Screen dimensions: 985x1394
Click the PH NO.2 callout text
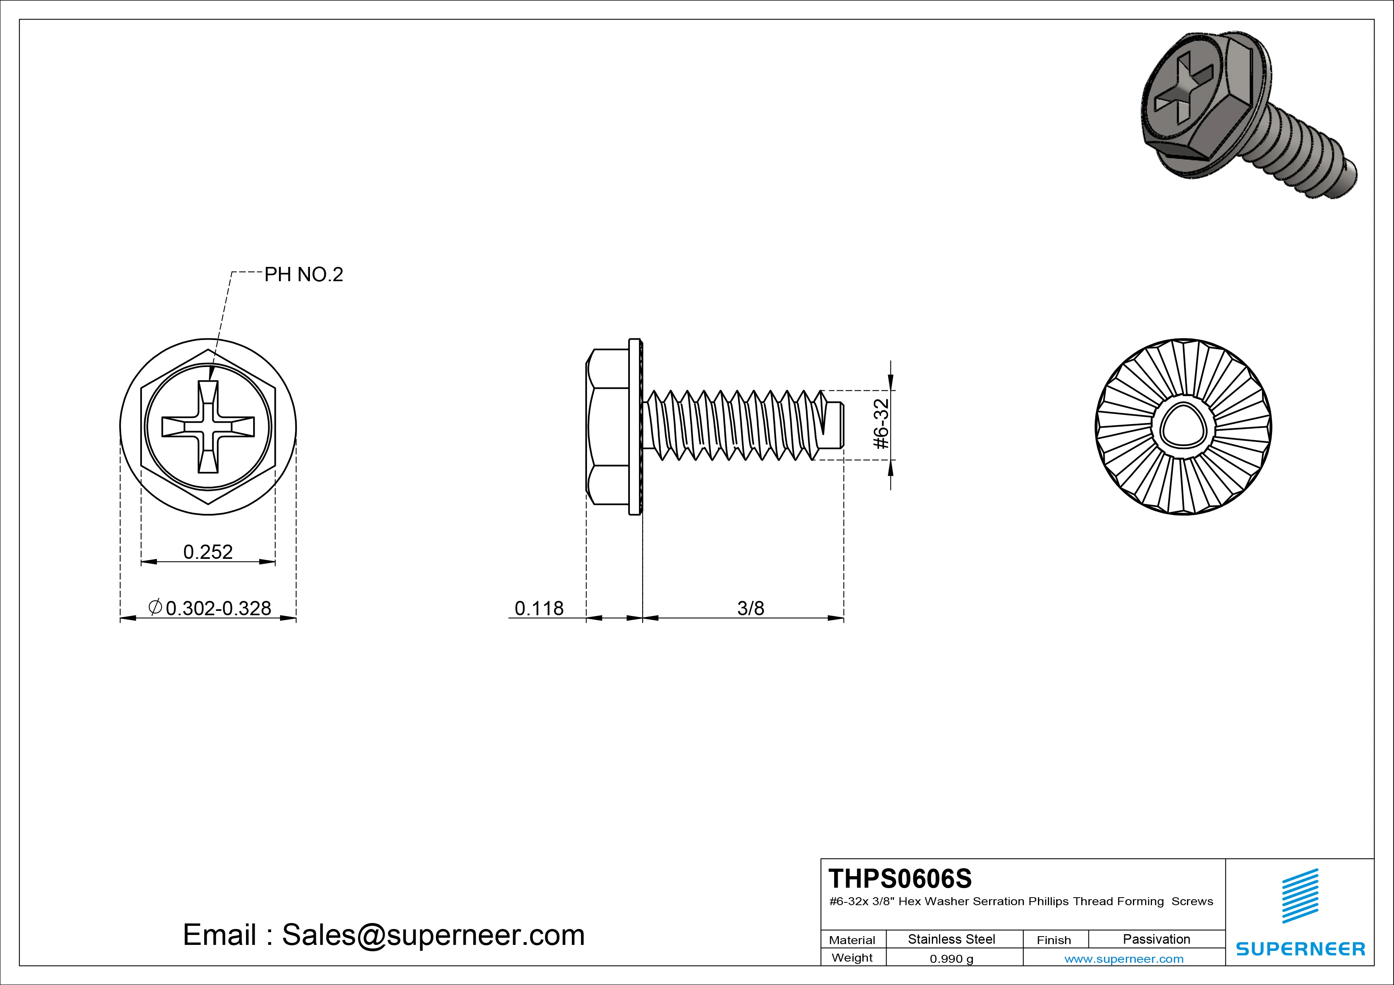click(304, 275)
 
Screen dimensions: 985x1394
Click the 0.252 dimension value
click(208, 552)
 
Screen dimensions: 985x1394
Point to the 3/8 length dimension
click(750, 608)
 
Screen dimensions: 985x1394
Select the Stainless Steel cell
click(951, 939)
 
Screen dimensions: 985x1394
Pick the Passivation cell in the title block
click(1156, 939)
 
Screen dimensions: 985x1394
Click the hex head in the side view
click(607, 427)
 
